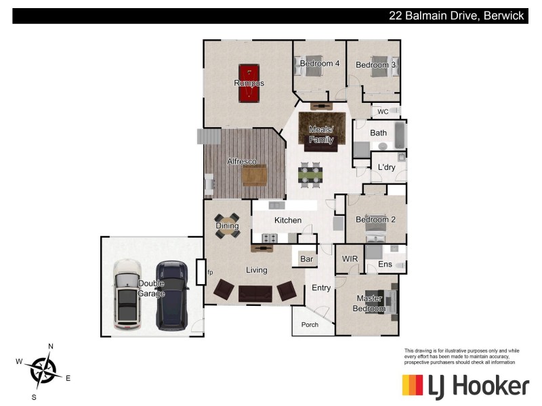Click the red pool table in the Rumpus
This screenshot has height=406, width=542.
point(249,83)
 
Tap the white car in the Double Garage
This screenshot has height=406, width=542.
point(127,294)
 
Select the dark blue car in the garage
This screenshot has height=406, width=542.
point(172,296)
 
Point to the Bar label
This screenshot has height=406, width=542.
point(307,259)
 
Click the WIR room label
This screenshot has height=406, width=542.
point(350,259)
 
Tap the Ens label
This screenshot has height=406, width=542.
point(385,265)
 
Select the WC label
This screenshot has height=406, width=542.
point(383,112)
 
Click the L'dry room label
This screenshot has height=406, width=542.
point(386,167)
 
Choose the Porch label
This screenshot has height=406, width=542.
point(310,325)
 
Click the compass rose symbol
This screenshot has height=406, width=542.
point(43,370)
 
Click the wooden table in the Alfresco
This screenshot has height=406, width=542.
point(255,175)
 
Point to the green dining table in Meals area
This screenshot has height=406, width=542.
point(310,175)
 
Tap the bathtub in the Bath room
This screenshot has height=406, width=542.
point(399,136)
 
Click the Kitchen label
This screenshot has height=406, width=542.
point(287,221)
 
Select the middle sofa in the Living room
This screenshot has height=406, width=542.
point(255,292)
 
